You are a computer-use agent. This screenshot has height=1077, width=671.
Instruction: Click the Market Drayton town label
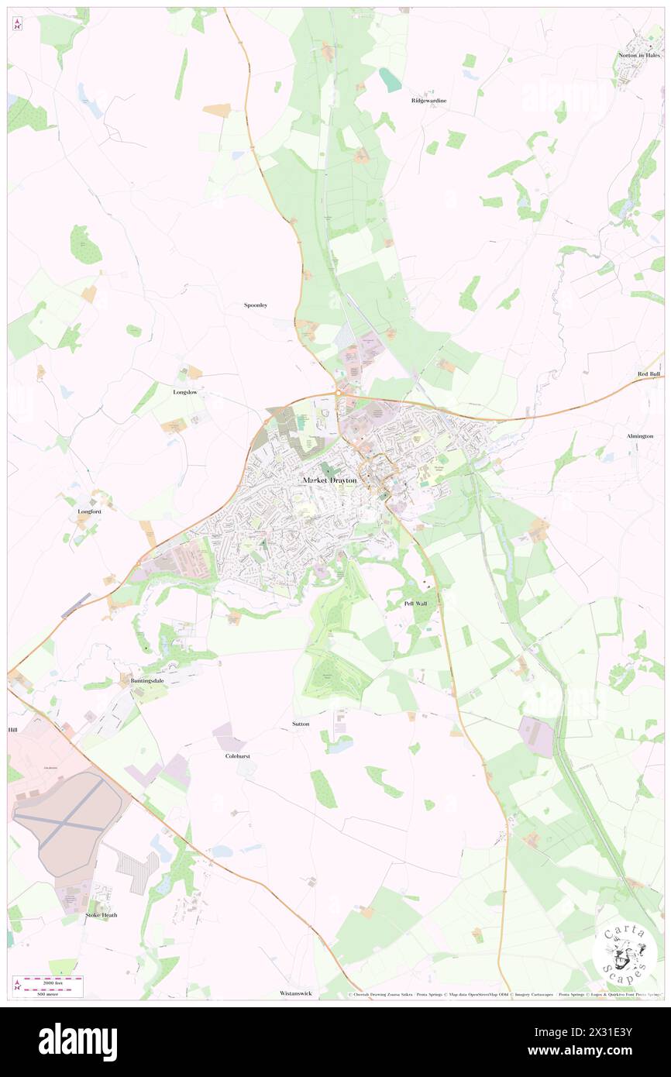coord(330,480)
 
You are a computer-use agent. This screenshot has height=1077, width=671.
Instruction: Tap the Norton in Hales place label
coord(638,55)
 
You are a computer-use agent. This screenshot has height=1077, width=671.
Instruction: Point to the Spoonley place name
coord(256,305)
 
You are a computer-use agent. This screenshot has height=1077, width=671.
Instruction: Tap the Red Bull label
coord(649,374)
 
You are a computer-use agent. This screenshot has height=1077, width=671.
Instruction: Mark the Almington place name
coord(640,436)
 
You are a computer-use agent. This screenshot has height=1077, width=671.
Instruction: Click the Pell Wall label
coord(415,603)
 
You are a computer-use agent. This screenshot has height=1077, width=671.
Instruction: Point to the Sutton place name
coord(301,724)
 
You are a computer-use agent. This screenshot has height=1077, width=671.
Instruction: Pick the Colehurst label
coord(238,755)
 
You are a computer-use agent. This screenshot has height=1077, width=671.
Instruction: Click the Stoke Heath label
coord(102,915)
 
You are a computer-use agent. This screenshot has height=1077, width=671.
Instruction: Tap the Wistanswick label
coord(296,993)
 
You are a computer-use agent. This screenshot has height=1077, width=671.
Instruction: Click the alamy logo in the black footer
coord(77,1041)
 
